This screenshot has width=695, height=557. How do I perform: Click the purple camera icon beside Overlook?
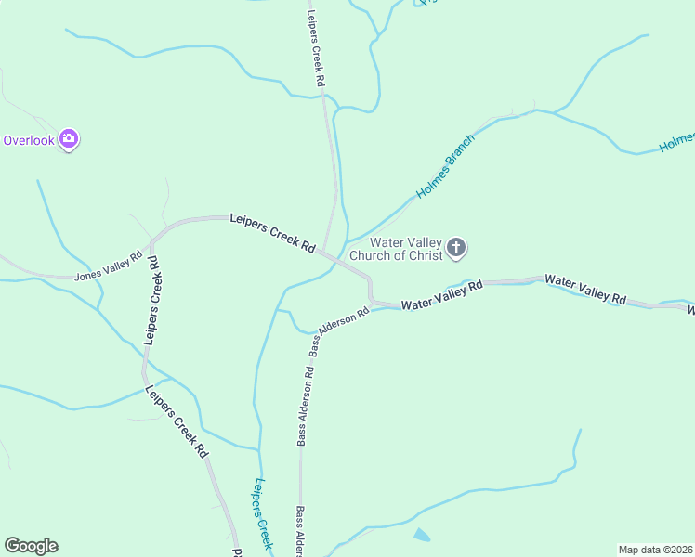(x=68, y=139)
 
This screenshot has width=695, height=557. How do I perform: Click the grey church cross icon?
(x=455, y=248)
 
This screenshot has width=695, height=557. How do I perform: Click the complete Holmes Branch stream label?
(x=445, y=166)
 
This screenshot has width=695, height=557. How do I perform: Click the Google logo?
(x=31, y=546)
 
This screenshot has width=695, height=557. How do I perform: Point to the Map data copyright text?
(x=656, y=550)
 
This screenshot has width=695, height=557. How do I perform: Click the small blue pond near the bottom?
(x=421, y=535)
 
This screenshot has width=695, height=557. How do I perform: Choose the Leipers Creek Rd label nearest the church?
(x=271, y=231)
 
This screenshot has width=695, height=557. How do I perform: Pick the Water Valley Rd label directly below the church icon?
(x=442, y=295)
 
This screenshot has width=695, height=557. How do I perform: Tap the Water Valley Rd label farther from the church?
(x=585, y=289)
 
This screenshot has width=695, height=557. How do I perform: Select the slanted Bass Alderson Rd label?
(x=339, y=331)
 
